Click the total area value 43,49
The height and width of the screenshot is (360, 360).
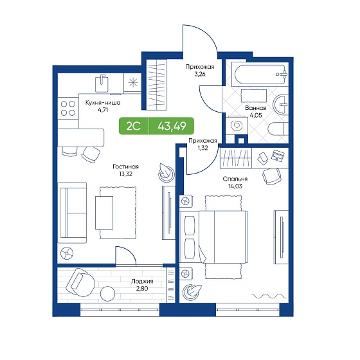[x=172, y=126]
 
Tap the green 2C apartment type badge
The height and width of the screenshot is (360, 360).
[x=134, y=126]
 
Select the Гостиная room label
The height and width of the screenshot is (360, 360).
[x=125, y=166]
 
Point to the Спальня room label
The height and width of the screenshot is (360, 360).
[x=235, y=179]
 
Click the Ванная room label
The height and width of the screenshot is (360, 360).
[x=256, y=108]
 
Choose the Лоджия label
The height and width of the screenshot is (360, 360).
[x=142, y=282]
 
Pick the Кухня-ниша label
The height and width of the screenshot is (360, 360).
[x=103, y=103]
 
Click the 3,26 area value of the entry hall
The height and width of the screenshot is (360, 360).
[x=200, y=75]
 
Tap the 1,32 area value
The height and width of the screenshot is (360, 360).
[x=203, y=148]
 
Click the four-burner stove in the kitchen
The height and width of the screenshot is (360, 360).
[x=68, y=108]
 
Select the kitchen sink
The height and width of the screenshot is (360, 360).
[x=102, y=84]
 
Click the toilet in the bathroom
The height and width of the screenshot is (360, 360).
[x=278, y=129]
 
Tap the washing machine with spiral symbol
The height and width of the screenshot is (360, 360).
[x=237, y=126]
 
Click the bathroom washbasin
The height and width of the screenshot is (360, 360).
[x=280, y=104]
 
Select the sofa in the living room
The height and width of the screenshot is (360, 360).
[x=72, y=213]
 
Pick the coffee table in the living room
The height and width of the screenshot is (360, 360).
[x=104, y=213]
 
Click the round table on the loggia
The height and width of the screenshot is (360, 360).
[x=107, y=294]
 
